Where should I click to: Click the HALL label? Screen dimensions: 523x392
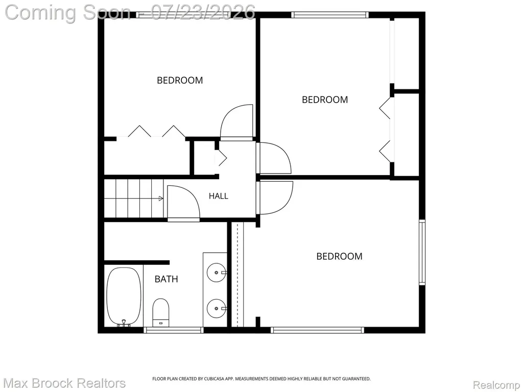click(x=219, y=196)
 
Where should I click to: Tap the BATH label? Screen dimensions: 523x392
click(x=166, y=279)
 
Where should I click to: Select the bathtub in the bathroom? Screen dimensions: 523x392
click(x=124, y=296)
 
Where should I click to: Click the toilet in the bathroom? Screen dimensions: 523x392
click(x=161, y=313)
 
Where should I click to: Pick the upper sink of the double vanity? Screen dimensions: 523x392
click(x=217, y=273)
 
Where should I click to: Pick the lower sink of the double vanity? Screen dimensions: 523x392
click(x=217, y=309)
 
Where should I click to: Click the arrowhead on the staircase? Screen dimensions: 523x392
click(x=161, y=199)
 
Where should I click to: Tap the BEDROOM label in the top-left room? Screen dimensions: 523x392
click(x=180, y=80)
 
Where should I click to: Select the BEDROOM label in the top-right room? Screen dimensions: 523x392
click(x=325, y=100)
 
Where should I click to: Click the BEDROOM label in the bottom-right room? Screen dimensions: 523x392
click(x=339, y=256)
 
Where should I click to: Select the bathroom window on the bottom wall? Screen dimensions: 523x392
click(x=174, y=330)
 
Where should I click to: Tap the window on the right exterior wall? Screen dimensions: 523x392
click(x=422, y=252)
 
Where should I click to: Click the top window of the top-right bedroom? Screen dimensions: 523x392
click(x=330, y=15)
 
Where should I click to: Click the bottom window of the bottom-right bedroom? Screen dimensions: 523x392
click(x=317, y=330)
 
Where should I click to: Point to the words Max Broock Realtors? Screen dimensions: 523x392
click(x=65, y=383)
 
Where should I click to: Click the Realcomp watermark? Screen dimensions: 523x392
click(x=496, y=385)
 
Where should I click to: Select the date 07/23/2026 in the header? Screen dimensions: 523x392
click(x=203, y=12)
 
